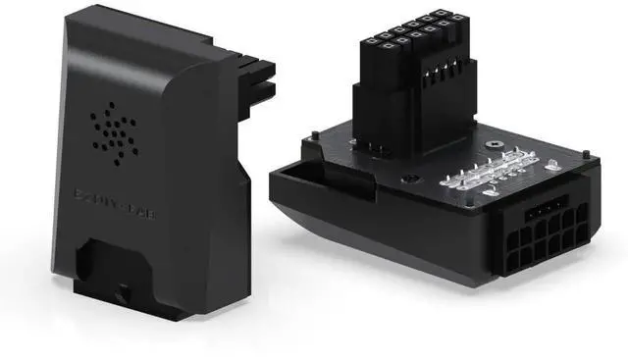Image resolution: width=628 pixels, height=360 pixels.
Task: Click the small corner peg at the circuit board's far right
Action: [586, 155]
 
